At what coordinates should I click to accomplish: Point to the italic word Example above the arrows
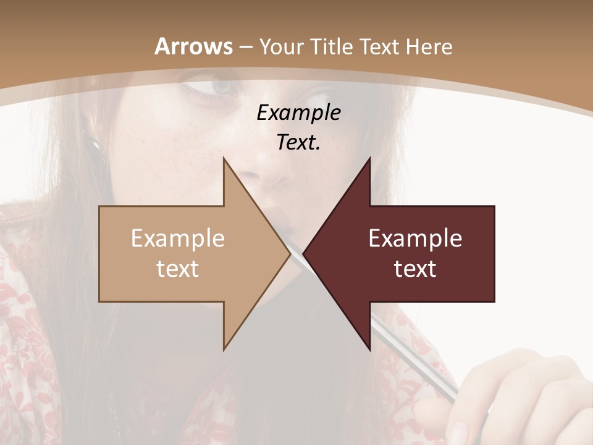click(298, 112)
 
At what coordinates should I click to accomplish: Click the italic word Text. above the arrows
click(298, 142)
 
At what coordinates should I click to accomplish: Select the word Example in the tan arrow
click(178, 239)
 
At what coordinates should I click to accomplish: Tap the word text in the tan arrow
click(178, 269)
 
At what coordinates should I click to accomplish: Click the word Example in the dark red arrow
click(415, 239)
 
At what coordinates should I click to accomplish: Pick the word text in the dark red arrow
click(415, 269)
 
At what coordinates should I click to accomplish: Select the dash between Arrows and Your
click(245, 47)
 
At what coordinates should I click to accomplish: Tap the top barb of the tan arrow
click(225, 162)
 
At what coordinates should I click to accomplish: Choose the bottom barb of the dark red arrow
click(369, 346)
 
